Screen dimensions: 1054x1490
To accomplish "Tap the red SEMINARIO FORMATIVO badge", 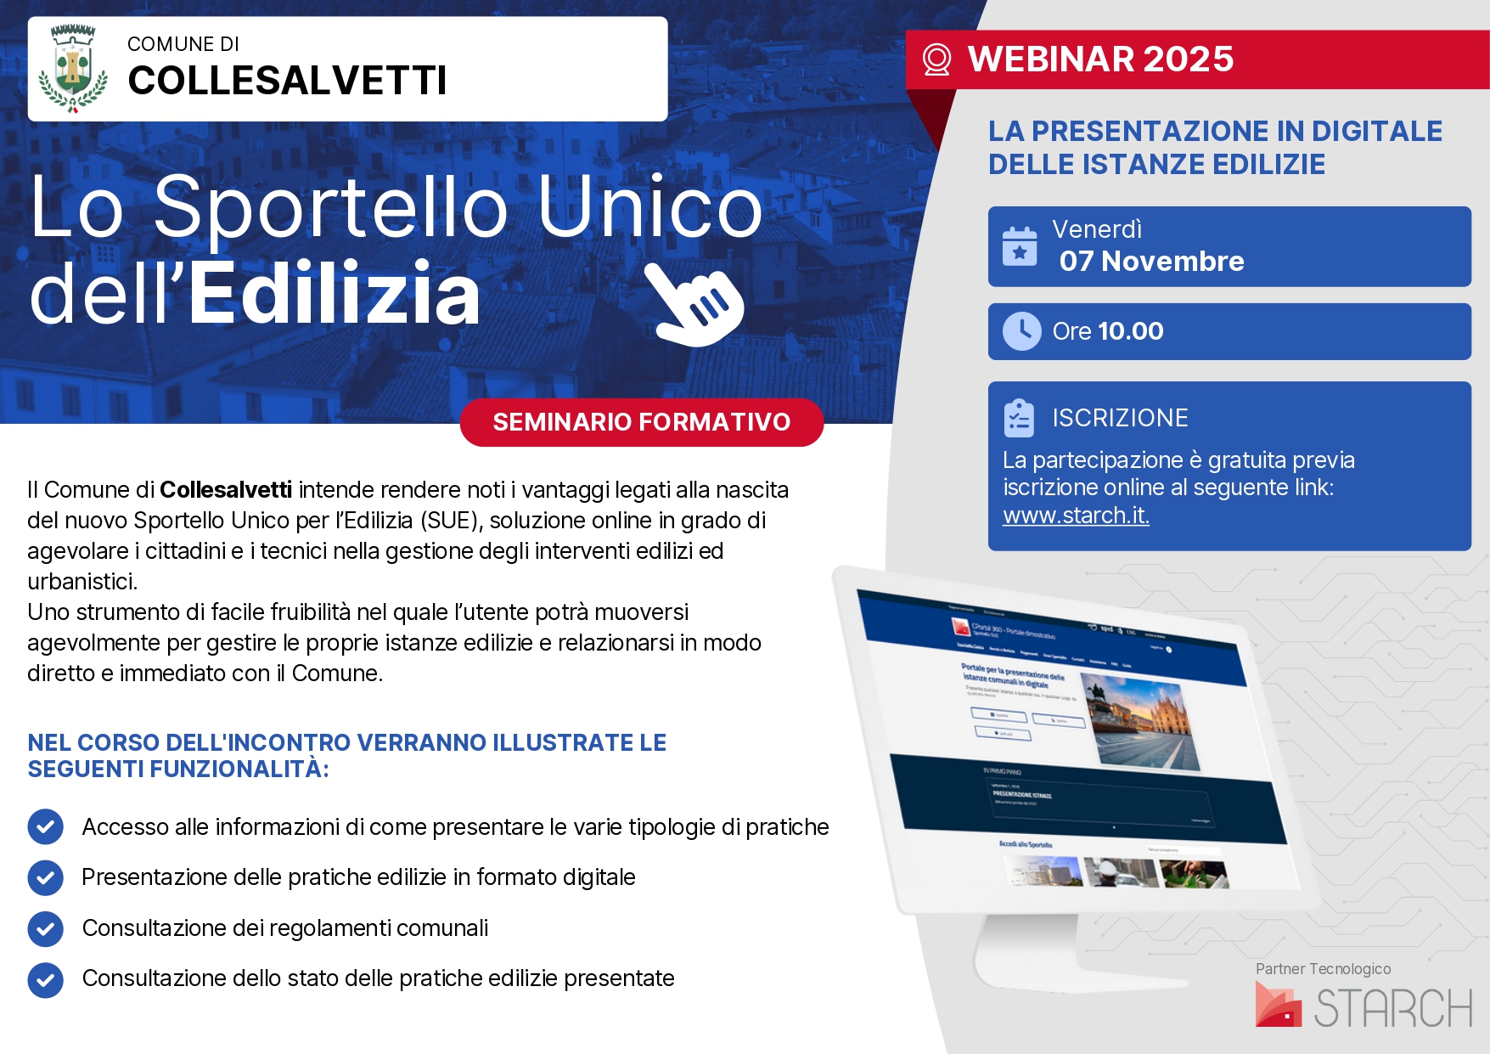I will pos(641,422).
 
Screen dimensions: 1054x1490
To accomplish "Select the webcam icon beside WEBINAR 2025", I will pos(936,59).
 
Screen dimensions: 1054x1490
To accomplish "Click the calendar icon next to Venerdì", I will pos(1019,246).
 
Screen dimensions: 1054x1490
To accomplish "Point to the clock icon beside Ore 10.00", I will pos(1021,331).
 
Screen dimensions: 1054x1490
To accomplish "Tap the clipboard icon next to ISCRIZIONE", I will pos(1019,418).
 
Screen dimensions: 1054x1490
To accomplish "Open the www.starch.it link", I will pos(1076,516).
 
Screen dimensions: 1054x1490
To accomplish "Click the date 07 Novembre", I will pos(1151,262).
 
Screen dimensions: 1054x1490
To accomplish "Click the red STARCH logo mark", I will pos(1278,1005).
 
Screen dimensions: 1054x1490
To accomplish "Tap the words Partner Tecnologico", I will pos(1323,969).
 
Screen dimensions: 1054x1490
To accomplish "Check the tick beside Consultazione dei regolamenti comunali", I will pos(46,928).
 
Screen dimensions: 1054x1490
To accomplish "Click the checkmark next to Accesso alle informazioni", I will pos(46,827).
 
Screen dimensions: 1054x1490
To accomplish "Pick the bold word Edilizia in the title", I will pos(335,295).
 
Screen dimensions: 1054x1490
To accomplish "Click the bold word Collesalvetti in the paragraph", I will pos(226,490).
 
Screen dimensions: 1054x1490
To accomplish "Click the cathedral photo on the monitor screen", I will pos(1142,722).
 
